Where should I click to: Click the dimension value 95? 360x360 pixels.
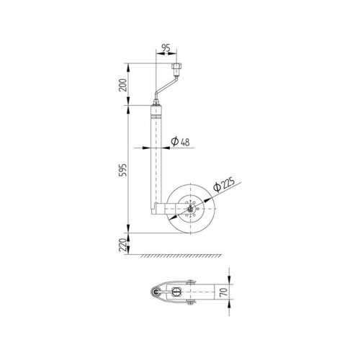coord(166,48)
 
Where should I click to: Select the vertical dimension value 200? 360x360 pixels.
coord(123,85)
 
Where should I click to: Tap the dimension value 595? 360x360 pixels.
coord(123,170)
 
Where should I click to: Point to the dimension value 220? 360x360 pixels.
coord(123,245)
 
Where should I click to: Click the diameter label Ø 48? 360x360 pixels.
coord(180,142)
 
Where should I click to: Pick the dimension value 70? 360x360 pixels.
coord(223,292)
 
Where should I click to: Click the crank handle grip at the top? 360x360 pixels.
coord(176,68)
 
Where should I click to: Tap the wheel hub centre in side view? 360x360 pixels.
coord(191,209)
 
